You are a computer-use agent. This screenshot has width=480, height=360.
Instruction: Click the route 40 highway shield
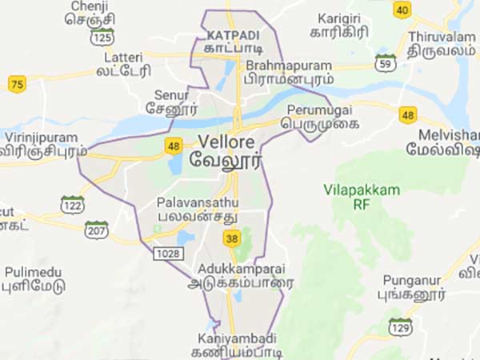click(x=402, y=9)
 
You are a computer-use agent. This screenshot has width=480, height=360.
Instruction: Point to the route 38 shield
click(x=232, y=238)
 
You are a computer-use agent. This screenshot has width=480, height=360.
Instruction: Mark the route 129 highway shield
click(x=399, y=327)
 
